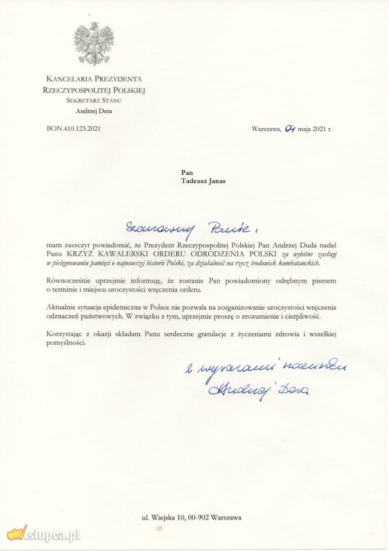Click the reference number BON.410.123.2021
[74, 128]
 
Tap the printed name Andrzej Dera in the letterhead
[94, 111]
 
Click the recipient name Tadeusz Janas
[203, 181]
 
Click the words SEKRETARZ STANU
[94, 101]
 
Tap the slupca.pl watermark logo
[44, 534]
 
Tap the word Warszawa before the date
[265, 128]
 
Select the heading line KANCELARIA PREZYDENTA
[94, 79]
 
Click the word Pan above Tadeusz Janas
[187, 172]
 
